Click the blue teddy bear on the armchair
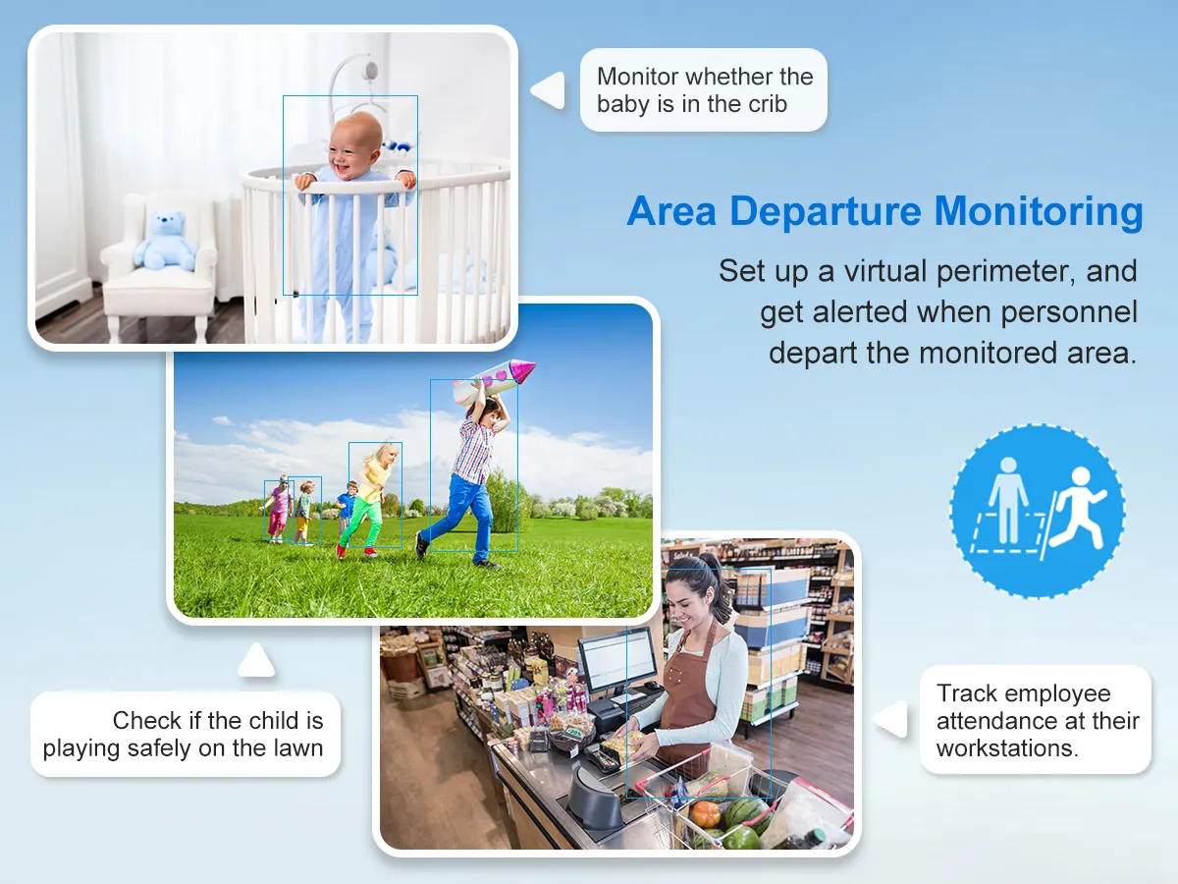click(x=165, y=241)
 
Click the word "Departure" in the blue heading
click(x=826, y=212)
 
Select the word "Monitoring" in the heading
click(x=1039, y=212)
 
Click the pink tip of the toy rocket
click(x=522, y=369)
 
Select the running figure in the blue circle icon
click(x=1077, y=508)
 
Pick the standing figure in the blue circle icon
click(x=1008, y=500)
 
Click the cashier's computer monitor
click(x=618, y=658)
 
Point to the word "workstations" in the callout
click(x=1006, y=748)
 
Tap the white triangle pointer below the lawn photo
click(x=256, y=661)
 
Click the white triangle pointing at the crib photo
click(x=549, y=90)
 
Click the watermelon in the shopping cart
click(x=750, y=814)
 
